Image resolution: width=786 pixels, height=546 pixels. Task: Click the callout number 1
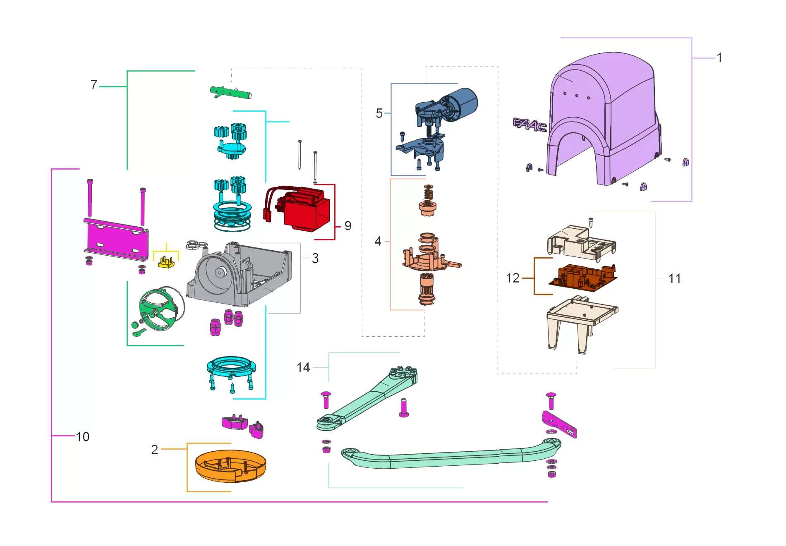[x=719, y=57]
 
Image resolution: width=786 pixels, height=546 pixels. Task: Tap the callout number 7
[x=94, y=85]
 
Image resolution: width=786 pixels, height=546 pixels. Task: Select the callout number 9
[x=348, y=226]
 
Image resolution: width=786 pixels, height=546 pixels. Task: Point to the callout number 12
[x=513, y=278]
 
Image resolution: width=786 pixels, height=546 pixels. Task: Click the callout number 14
[x=303, y=367]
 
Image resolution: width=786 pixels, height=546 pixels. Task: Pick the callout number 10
[x=82, y=437]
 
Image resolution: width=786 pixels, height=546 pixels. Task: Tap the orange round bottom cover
[x=230, y=466]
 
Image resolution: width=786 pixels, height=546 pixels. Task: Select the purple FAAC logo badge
[x=530, y=125]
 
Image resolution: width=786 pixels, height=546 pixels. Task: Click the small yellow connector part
[x=166, y=263]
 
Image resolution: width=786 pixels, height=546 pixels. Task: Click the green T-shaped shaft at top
[x=230, y=92]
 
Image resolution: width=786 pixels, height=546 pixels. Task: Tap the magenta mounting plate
[x=116, y=239]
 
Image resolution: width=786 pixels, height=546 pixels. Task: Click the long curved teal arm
[x=451, y=457]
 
